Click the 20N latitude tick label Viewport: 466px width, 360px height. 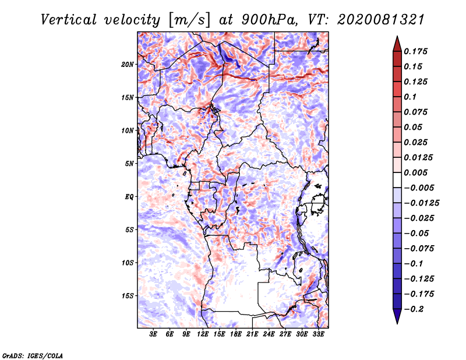[127, 65]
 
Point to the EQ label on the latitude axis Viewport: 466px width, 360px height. [129, 197]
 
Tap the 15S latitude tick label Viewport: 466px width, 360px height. [127, 296]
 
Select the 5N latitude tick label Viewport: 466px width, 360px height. [129, 164]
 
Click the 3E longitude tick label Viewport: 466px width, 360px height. [153, 334]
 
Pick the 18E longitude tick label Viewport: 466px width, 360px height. [235, 334]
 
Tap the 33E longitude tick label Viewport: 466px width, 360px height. [318, 334]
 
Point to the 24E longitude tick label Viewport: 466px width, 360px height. [269, 334]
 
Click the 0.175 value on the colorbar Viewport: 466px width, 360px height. [415, 51]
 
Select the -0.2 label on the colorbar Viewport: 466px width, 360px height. [414, 309]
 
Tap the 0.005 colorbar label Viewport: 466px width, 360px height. [415, 172]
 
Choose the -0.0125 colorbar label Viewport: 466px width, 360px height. [421, 203]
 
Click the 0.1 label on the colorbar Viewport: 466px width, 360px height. [410, 97]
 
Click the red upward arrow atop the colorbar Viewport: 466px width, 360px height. [397, 44]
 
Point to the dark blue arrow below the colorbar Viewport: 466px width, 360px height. [397, 316]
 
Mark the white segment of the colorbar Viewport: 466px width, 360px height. [397, 180]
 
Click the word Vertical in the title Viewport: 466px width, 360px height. [69, 20]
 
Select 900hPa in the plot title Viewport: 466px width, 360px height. [269, 20]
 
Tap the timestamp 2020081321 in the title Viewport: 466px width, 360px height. [381, 20]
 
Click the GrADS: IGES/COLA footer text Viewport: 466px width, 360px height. [33, 355]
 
